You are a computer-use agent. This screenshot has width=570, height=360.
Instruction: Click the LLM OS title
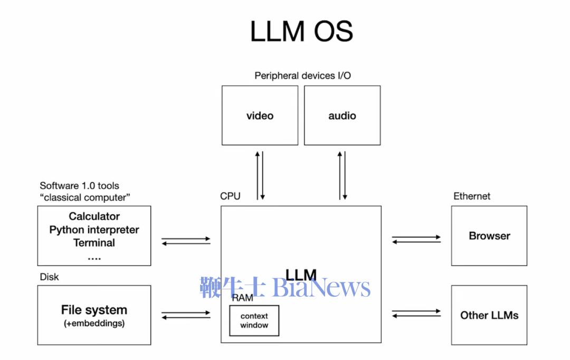point(301,31)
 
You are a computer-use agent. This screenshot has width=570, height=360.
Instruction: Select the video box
point(260,116)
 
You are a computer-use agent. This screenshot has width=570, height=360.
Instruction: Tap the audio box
point(342,116)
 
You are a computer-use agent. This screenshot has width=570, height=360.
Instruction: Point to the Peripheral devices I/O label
point(302,75)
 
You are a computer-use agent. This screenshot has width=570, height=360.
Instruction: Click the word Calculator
point(94,216)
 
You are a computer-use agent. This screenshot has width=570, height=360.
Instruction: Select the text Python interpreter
point(94,230)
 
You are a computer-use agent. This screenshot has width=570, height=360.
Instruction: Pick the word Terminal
point(94,243)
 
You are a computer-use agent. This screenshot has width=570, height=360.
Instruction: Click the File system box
point(94,315)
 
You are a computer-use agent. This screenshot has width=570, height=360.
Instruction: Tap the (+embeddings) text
point(94,323)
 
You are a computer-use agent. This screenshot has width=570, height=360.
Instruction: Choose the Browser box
point(489,236)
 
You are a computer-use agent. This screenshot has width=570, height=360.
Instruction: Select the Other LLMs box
point(489,315)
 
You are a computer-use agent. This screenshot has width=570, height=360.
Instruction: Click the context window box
point(254,321)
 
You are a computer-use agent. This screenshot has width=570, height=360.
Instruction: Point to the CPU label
point(230,196)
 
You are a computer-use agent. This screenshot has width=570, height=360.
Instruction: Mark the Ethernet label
point(472,196)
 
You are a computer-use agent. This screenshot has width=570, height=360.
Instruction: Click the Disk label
point(49,277)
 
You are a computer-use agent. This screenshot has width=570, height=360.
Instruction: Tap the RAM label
point(242,298)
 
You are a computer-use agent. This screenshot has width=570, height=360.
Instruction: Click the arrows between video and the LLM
point(260,175)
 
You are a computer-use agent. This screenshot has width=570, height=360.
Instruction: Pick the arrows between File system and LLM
point(186,315)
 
